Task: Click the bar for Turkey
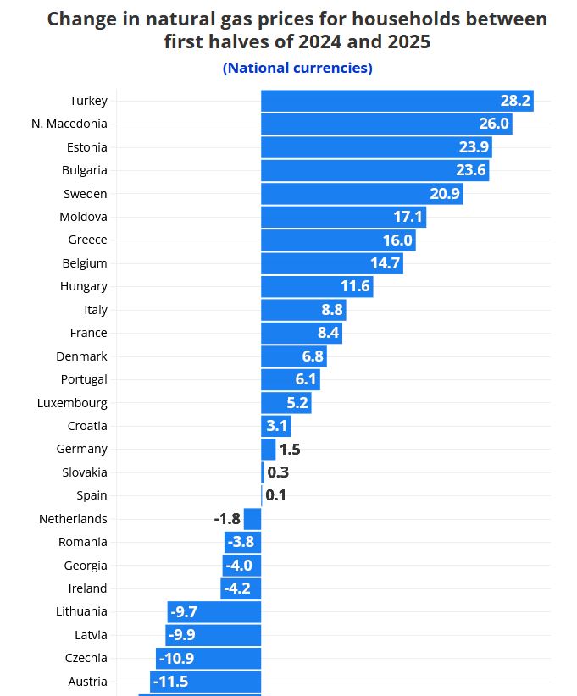[x=381, y=101]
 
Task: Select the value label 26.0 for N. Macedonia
[x=493, y=124]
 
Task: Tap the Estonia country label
[x=86, y=147]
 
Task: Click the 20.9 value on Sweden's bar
[x=445, y=194]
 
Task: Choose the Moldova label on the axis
[x=83, y=217]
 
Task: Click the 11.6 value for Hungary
[x=355, y=286]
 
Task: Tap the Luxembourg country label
[x=72, y=403]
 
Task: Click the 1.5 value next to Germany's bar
[x=290, y=450]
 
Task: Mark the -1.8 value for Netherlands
[x=226, y=519]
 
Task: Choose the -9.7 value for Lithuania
[x=184, y=611]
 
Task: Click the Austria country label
[x=87, y=682]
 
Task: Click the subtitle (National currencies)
[x=297, y=68]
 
